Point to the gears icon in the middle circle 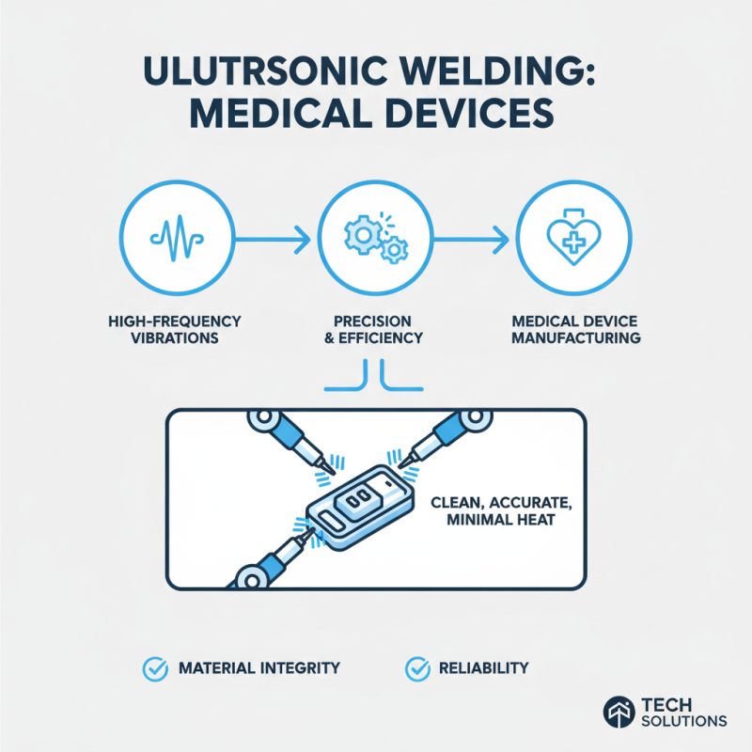point(376,235)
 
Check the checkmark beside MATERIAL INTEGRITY point(154,668)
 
